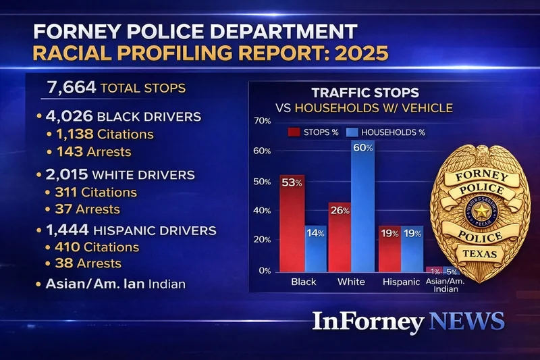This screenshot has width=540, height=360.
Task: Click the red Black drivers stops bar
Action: coord(292,223)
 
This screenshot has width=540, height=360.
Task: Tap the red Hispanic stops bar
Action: coord(389,248)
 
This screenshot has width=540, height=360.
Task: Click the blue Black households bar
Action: coord(315,248)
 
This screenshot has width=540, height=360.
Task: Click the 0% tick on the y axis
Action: coord(264,271)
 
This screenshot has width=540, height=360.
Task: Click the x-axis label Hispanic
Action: coord(400,282)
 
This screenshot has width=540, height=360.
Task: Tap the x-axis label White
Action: coord(351,282)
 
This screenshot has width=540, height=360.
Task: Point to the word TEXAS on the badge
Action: coord(481,253)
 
